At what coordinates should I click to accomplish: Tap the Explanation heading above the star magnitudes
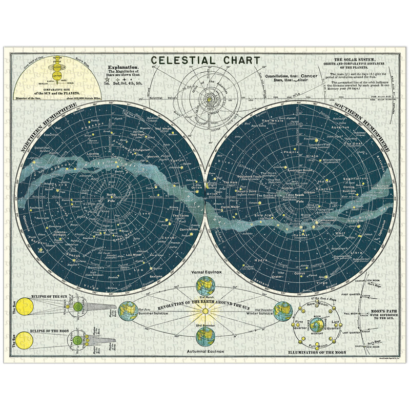pos(122,67)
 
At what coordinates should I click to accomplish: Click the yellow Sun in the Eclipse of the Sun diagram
pos(24,307)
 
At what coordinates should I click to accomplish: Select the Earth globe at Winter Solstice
pos(282,311)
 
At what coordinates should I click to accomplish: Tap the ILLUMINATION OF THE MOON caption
pos(318,353)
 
